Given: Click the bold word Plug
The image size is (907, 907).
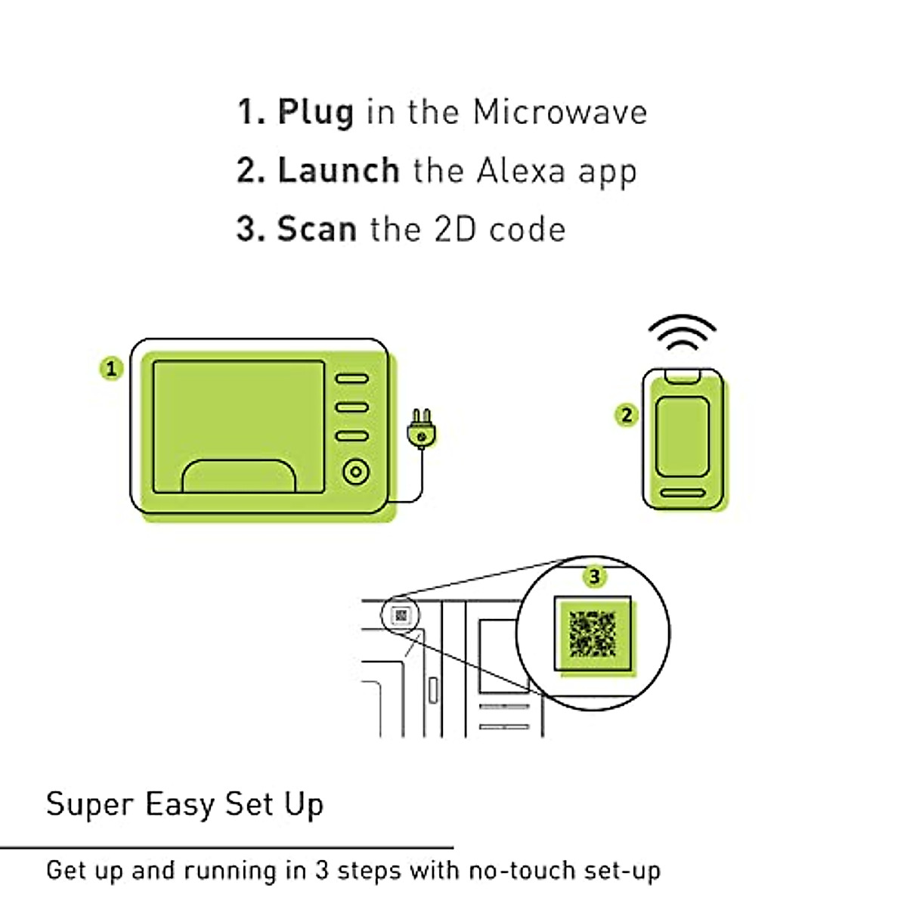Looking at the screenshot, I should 315,113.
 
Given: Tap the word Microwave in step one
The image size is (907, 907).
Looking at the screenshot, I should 559,112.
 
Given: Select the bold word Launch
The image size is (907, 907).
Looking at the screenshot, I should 339,170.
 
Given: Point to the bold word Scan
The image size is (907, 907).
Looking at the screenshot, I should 317,228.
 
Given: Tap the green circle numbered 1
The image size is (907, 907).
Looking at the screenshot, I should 111,369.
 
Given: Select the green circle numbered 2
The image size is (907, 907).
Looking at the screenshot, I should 626,415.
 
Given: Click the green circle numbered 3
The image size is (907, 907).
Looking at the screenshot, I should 594,577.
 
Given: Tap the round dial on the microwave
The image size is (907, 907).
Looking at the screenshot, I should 355,472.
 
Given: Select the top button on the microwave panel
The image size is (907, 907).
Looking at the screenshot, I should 351,379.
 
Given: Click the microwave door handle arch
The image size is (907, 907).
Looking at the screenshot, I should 238,476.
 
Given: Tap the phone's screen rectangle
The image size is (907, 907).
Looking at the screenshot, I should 682,436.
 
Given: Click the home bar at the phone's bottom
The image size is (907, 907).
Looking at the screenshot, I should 683,494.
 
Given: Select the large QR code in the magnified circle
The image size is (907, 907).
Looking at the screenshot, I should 593,633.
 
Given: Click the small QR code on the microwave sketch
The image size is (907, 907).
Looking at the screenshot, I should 401,616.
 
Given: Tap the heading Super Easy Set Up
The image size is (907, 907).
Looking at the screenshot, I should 184,804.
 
